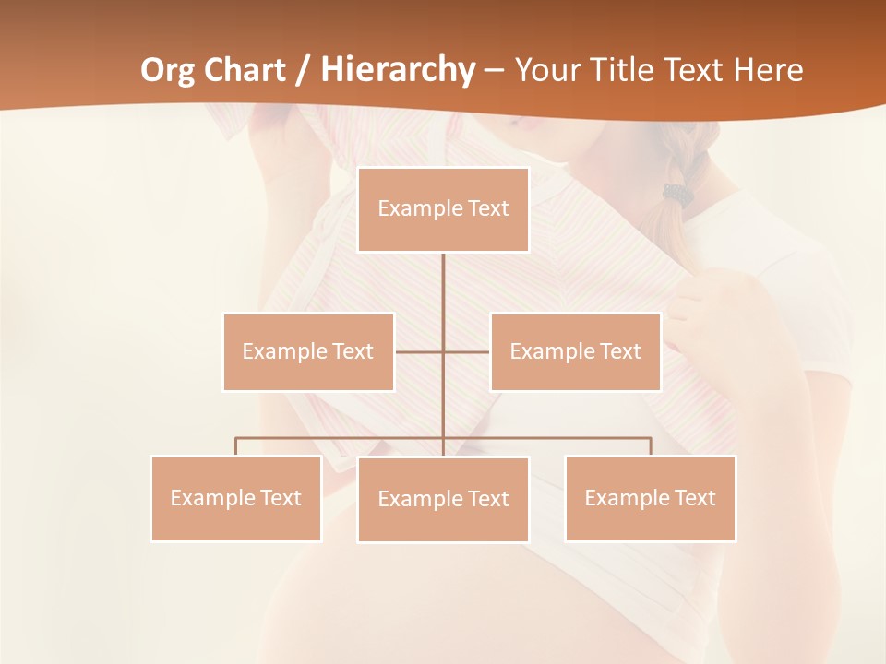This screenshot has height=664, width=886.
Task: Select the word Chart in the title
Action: (246, 70)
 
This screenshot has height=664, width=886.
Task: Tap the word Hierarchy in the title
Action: (398, 71)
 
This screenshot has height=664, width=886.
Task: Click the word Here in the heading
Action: (768, 70)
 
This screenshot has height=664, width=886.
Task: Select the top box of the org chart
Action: (443, 209)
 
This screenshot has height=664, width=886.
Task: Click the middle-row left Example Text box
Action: (308, 351)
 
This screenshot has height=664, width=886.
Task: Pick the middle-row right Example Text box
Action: (575, 351)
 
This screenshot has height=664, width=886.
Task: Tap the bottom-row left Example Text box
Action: (236, 498)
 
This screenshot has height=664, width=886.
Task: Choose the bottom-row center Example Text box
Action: (443, 499)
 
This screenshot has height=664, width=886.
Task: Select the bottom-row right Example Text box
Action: (650, 498)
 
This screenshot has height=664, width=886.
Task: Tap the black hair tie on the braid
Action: (678, 194)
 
